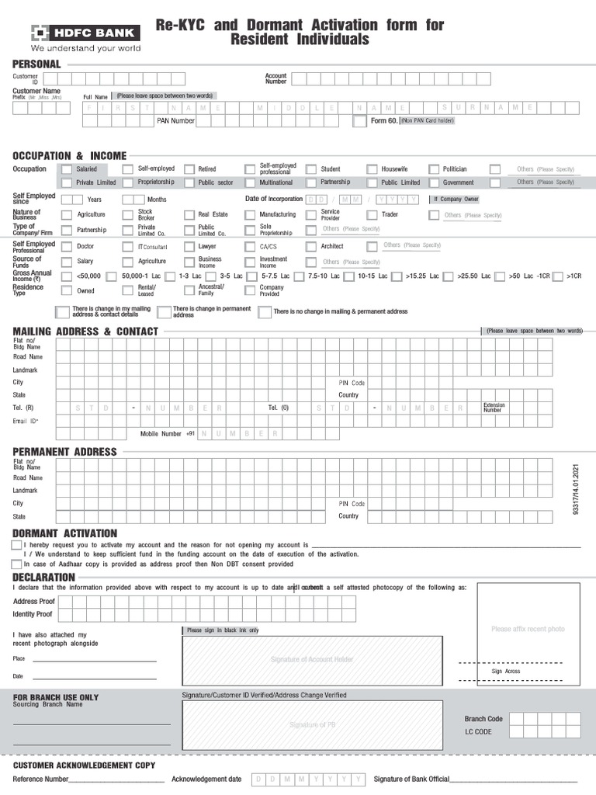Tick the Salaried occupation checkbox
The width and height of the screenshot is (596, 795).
[67, 169]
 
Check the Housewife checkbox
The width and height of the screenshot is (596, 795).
[372, 169]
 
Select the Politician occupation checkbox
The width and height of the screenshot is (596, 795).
[433, 169]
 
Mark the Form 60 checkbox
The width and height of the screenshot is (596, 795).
[359, 122]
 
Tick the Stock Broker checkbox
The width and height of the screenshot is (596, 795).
[129, 215]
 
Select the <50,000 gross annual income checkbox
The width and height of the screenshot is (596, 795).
[67, 276]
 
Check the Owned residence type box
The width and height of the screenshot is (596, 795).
[67, 291]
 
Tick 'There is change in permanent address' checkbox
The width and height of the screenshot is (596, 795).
[164, 312]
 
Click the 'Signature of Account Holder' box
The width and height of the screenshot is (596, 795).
[311, 659]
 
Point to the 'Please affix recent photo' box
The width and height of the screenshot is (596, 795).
[528, 629]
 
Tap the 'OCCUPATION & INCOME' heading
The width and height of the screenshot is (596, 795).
[69, 156]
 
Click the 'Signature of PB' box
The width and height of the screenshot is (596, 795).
[311, 724]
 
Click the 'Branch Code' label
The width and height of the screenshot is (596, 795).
[483, 719]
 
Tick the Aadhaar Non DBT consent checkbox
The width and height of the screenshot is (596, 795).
[17, 564]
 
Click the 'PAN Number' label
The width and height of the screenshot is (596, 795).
[175, 121]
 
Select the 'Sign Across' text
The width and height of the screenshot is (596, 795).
[506, 671]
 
